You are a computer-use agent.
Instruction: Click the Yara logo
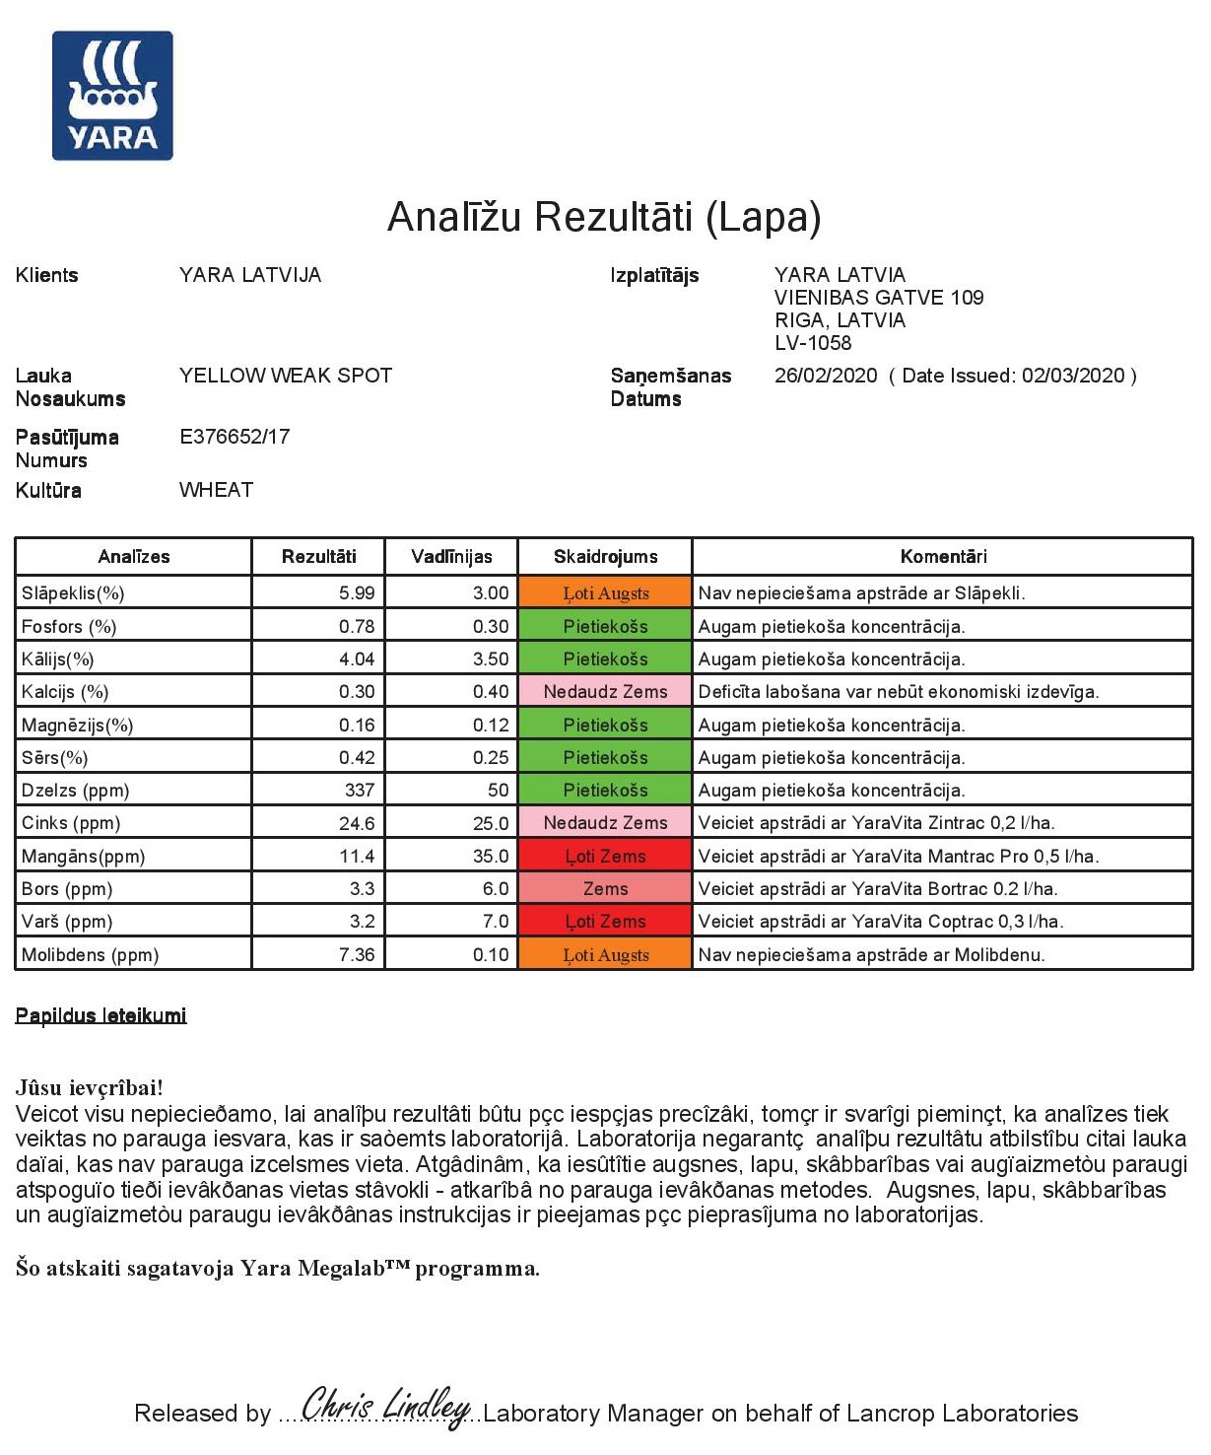tap(112, 96)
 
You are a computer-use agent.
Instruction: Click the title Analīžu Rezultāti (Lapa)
tap(604, 217)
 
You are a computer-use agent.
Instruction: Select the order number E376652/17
tap(235, 437)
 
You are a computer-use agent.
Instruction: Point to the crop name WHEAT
tap(216, 490)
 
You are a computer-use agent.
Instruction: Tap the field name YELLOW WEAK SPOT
tap(286, 376)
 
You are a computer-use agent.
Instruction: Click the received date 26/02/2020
tap(826, 376)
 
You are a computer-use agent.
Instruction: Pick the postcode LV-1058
tap(813, 343)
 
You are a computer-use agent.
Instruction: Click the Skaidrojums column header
tap(605, 557)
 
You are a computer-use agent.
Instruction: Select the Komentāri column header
tap(943, 557)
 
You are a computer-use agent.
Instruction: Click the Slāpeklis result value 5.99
tap(357, 593)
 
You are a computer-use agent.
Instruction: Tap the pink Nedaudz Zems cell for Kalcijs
tap(605, 692)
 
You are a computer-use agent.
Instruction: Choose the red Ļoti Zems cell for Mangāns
tap(605, 857)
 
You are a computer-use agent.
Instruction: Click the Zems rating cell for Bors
tap(605, 889)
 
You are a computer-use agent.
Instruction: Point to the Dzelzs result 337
tap(360, 791)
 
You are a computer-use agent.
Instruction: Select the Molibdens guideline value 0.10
tap(491, 955)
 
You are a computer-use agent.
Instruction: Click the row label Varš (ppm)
tap(67, 922)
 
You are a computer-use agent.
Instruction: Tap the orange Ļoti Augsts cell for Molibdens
tap(605, 955)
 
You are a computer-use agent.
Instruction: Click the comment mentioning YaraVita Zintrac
tap(876, 823)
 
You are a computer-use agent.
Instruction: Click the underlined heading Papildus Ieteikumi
tap(101, 1016)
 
